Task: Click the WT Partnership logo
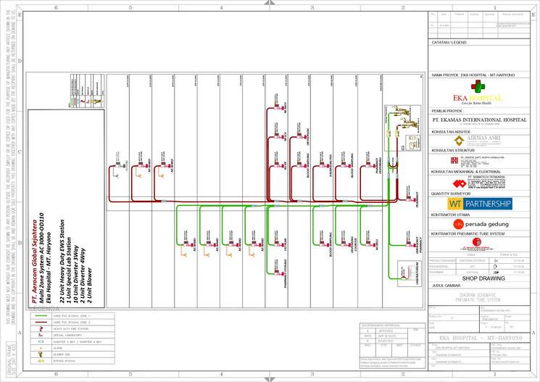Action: [x=481, y=204]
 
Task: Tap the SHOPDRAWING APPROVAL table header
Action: [x=384, y=326]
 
